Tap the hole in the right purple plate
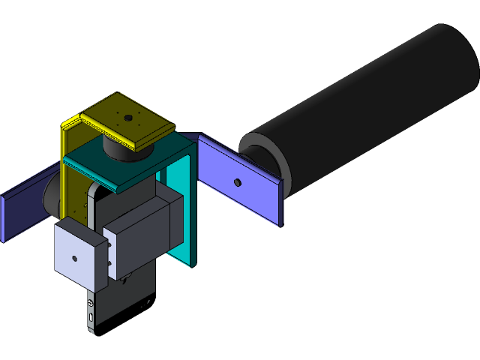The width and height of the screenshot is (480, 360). pyautogui.click(x=237, y=182)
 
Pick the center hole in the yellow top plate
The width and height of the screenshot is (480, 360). pyautogui.click(x=129, y=118)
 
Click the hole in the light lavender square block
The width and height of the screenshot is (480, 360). pyautogui.click(x=74, y=258)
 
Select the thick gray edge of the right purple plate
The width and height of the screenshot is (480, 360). pyautogui.click(x=282, y=203)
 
